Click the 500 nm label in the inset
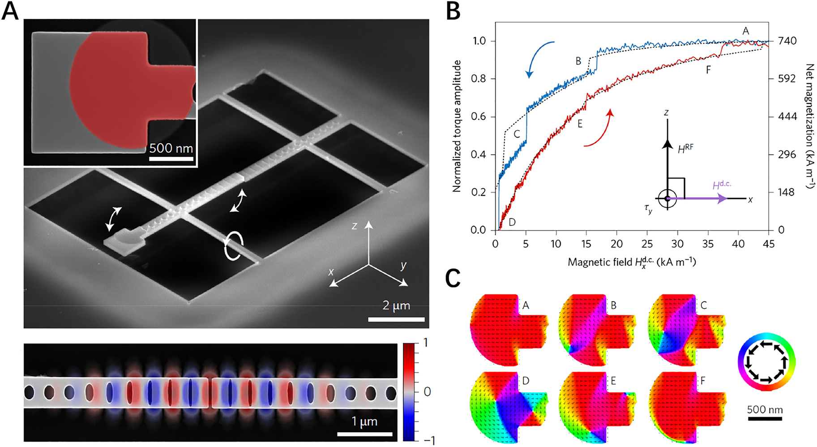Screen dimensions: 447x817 (x=171, y=148)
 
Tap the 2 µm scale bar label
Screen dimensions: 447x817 (x=396, y=305)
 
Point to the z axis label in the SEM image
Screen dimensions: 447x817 (x=354, y=226)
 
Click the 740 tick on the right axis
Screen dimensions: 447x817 (x=787, y=41)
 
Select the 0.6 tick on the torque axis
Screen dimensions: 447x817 (x=478, y=116)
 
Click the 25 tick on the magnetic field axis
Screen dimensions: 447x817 (x=647, y=244)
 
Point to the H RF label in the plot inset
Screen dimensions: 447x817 (x=685, y=149)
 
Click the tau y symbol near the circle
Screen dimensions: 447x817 (x=648, y=209)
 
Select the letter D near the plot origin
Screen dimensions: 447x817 (x=512, y=222)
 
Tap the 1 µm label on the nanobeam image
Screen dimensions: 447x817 (x=364, y=421)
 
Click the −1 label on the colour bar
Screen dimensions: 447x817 (x=428, y=440)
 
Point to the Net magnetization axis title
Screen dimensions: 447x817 (x=809, y=125)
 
